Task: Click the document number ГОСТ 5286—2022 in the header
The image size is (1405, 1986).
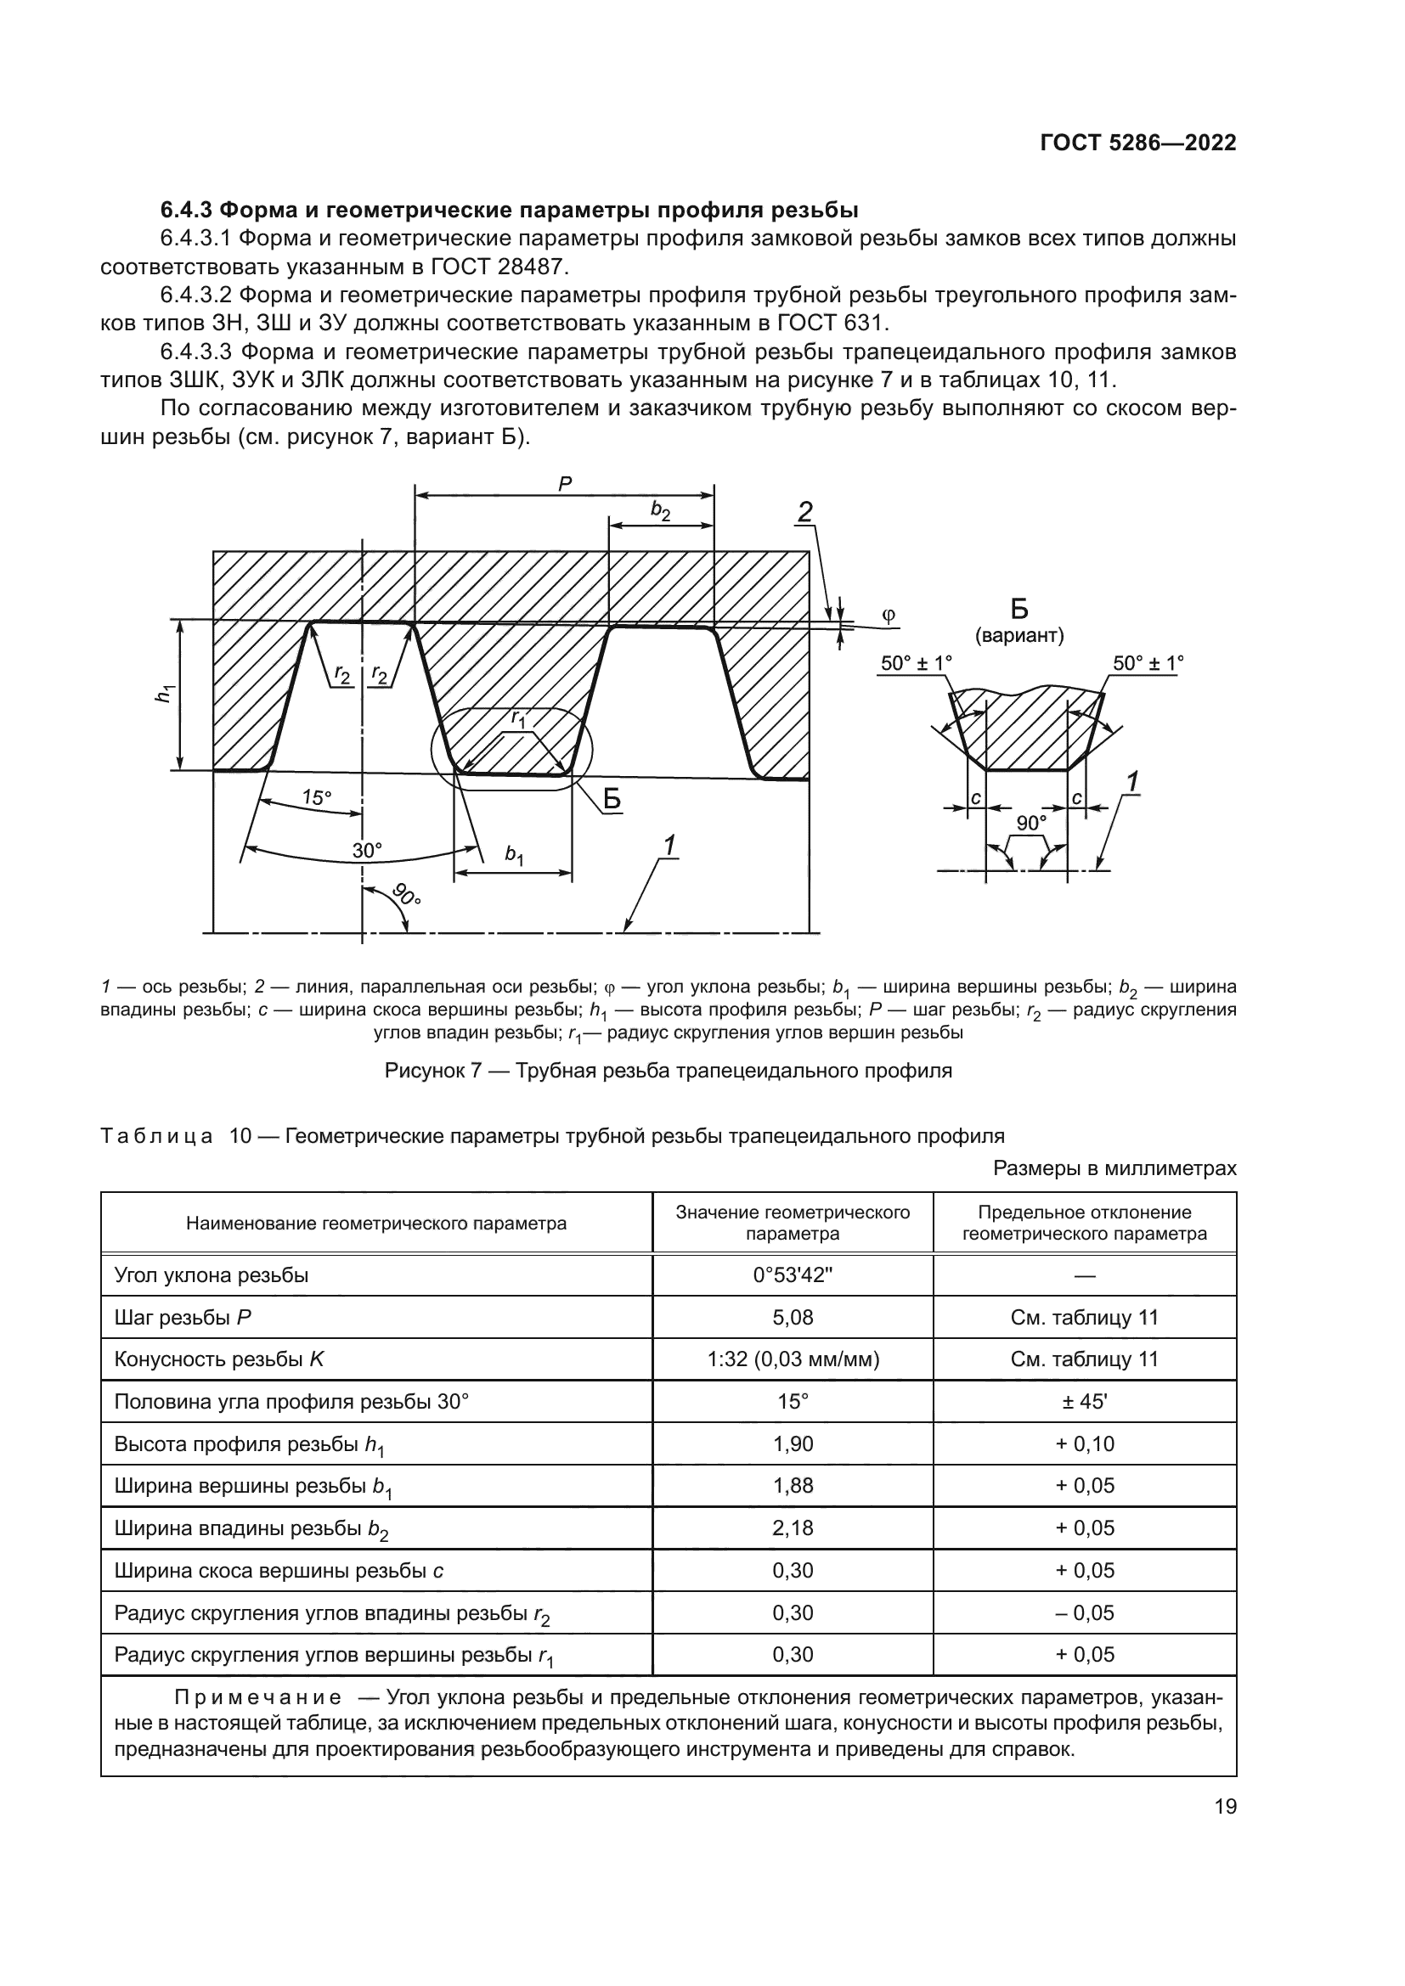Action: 1137,143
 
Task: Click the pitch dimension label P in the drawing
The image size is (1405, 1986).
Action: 565,484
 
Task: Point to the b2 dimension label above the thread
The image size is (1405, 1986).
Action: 661,511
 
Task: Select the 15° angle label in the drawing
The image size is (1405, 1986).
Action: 317,797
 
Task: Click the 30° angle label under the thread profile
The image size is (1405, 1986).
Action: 366,850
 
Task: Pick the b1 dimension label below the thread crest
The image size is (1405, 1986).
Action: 514,856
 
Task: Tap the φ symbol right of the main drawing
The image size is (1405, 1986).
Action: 889,615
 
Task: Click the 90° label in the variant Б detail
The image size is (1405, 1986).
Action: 1030,823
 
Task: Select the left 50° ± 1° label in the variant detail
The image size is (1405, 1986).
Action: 916,663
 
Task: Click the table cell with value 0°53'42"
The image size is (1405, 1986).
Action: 792,1276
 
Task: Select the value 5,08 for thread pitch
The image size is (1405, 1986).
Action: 792,1318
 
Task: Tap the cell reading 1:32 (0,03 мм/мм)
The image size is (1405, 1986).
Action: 792,1359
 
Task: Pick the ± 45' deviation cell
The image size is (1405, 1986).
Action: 1084,1401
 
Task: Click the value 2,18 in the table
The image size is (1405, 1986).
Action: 792,1527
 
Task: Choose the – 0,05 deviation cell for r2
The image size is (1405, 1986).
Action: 1084,1612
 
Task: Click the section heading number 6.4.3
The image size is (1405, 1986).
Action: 187,211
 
